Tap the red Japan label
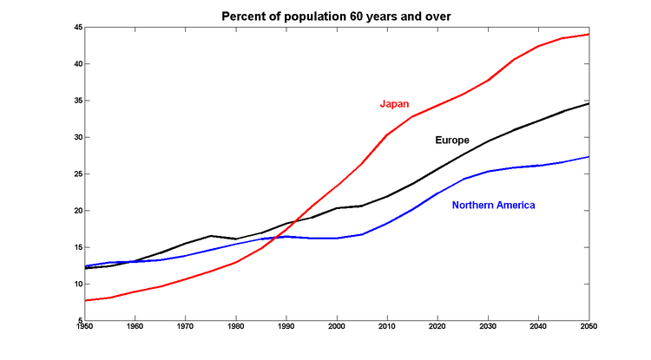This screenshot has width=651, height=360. pos(394,104)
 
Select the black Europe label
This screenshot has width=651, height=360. pos(452,140)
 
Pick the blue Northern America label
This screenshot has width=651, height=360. pos(494,205)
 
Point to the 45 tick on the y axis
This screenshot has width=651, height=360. pos(77,28)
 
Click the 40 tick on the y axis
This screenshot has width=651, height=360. pos(77,64)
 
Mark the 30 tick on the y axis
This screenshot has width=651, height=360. pos(77,137)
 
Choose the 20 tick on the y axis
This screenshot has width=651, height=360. pos(77,211)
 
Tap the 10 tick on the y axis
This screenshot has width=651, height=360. pos(77,284)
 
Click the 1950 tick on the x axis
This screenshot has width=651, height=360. pos(85,327)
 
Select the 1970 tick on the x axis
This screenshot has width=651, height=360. pos(186,327)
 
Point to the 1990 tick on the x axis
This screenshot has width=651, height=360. pos(286,327)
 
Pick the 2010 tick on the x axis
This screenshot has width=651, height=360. pos(387,327)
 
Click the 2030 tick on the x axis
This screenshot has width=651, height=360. pos(489,327)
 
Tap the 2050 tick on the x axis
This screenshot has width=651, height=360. pos(589,327)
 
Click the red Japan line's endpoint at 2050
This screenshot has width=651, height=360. pos(589,35)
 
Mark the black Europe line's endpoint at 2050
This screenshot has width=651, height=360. pos(589,104)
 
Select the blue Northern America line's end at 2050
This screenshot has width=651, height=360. pos(589,157)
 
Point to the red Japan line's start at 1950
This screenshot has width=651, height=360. pos(85,300)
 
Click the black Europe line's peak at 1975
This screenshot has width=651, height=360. pos(211,236)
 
